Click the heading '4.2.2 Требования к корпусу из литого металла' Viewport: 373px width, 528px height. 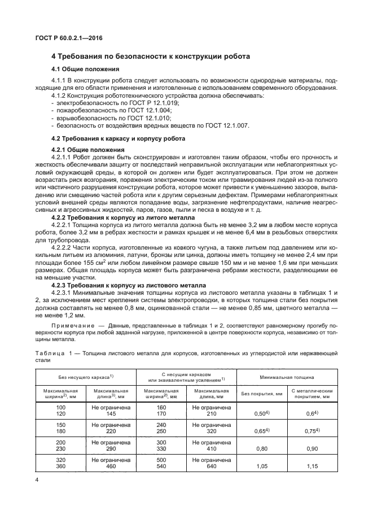[123, 217]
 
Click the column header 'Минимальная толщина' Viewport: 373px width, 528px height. [286, 376]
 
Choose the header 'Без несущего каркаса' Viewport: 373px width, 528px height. [85, 376]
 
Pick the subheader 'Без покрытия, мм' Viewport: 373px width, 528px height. [260, 394]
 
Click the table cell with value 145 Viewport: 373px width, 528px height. [111, 414]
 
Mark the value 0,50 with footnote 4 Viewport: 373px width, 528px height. [260, 414]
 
